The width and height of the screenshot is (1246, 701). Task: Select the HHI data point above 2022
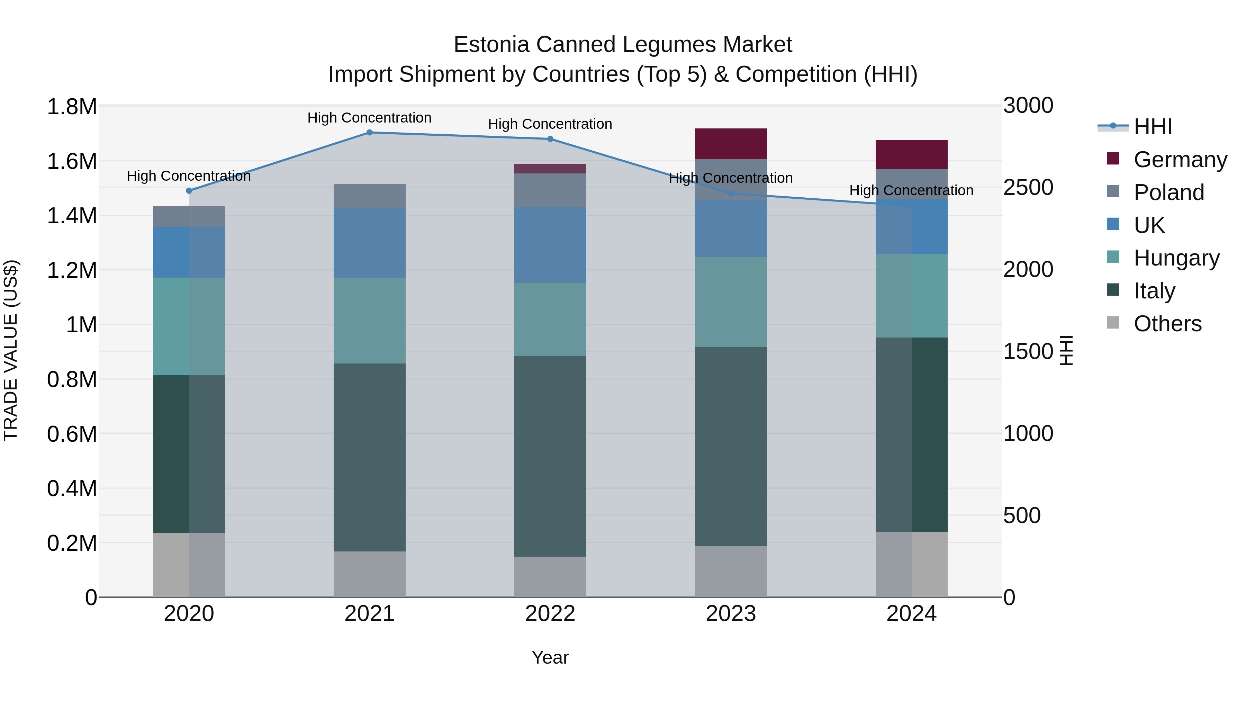(x=550, y=139)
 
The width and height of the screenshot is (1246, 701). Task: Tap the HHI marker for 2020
(x=189, y=191)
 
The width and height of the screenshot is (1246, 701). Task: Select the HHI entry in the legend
(x=1152, y=127)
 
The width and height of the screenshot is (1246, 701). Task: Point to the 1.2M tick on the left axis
(x=72, y=270)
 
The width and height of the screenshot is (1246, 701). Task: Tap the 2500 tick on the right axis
(x=1028, y=187)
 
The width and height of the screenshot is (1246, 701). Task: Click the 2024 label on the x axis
(x=911, y=614)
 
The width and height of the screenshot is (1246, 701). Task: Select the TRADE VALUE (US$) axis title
(x=11, y=350)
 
